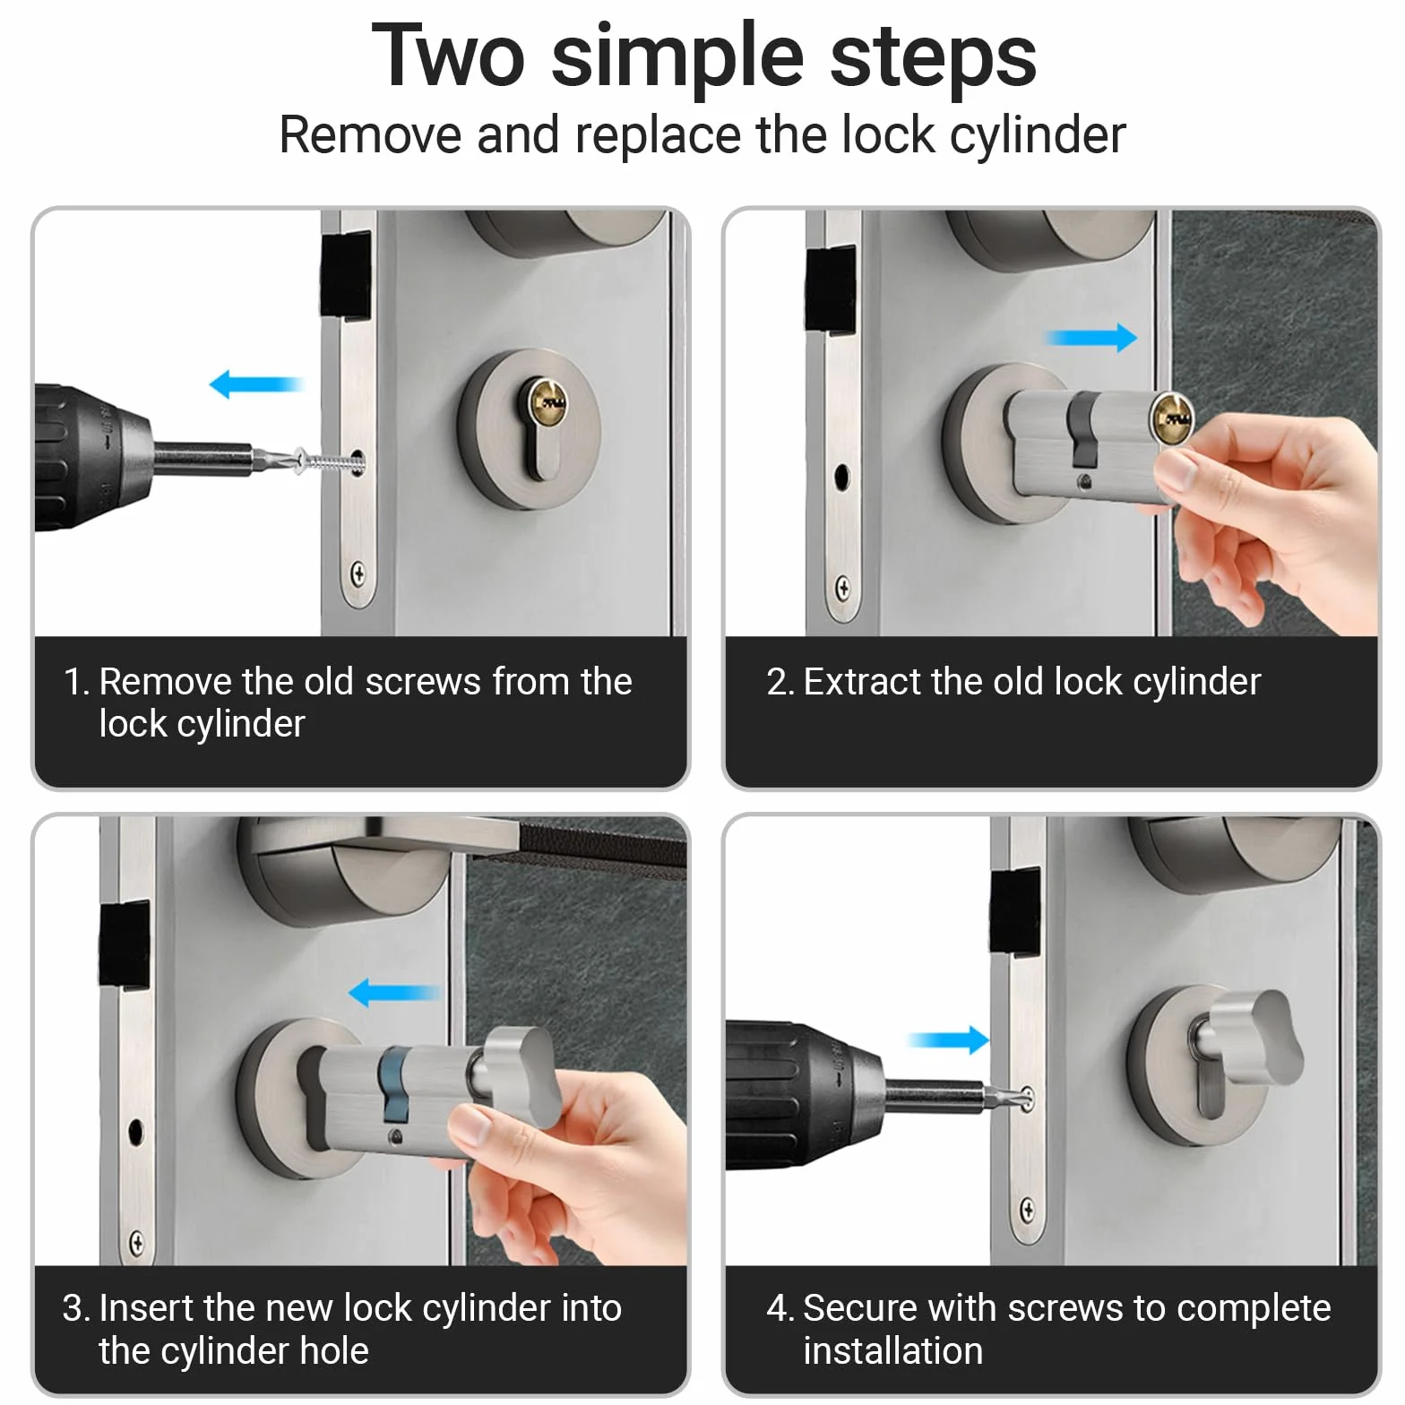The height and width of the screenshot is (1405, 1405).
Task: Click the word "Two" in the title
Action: tap(449, 56)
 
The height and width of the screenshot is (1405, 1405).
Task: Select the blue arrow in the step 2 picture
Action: tap(1092, 338)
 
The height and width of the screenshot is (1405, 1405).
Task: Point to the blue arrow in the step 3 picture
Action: tap(394, 992)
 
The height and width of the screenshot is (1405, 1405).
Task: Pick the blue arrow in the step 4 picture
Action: tap(948, 1039)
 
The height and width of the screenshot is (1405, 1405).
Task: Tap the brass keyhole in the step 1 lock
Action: tap(546, 402)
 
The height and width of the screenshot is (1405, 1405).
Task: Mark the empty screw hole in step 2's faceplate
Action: tap(841, 475)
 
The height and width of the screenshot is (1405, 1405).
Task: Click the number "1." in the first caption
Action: tap(77, 682)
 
